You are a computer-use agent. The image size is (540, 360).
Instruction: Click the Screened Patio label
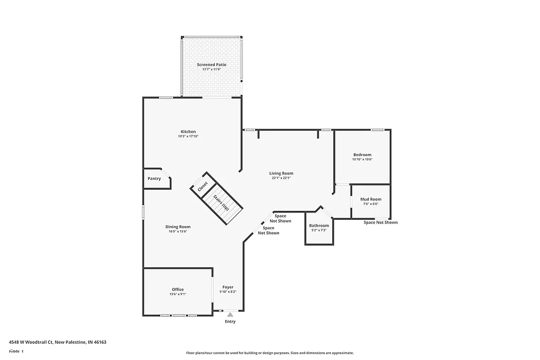click(211, 64)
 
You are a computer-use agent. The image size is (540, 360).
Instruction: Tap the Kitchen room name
click(188, 131)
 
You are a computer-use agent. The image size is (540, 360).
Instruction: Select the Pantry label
click(154, 179)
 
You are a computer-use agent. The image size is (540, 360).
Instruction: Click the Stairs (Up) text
click(221, 203)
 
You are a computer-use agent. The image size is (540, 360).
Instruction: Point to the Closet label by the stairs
click(203, 187)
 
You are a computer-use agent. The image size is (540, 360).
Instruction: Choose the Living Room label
click(281, 173)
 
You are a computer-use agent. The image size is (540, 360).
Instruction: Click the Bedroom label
click(362, 154)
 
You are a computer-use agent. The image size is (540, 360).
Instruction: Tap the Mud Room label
click(370, 199)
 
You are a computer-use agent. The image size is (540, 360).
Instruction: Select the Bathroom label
click(319, 226)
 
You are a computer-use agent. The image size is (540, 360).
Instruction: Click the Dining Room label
click(178, 226)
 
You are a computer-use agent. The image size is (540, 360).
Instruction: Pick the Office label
click(178, 289)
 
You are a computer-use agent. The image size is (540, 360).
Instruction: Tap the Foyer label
click(228, 287)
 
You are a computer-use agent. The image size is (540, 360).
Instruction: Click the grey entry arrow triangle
click(230, 314)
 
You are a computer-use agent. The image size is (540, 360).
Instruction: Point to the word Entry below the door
click(230, 322)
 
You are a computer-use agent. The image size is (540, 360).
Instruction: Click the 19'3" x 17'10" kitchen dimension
click(188, 137)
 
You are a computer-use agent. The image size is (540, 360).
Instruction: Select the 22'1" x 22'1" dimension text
click(281, 178)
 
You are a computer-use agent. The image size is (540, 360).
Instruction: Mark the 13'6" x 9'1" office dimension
click(178, 294)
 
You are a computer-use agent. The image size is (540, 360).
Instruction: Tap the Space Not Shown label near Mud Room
click(380, 222)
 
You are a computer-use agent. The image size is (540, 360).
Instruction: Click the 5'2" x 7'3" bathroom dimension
click(319, 230)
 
